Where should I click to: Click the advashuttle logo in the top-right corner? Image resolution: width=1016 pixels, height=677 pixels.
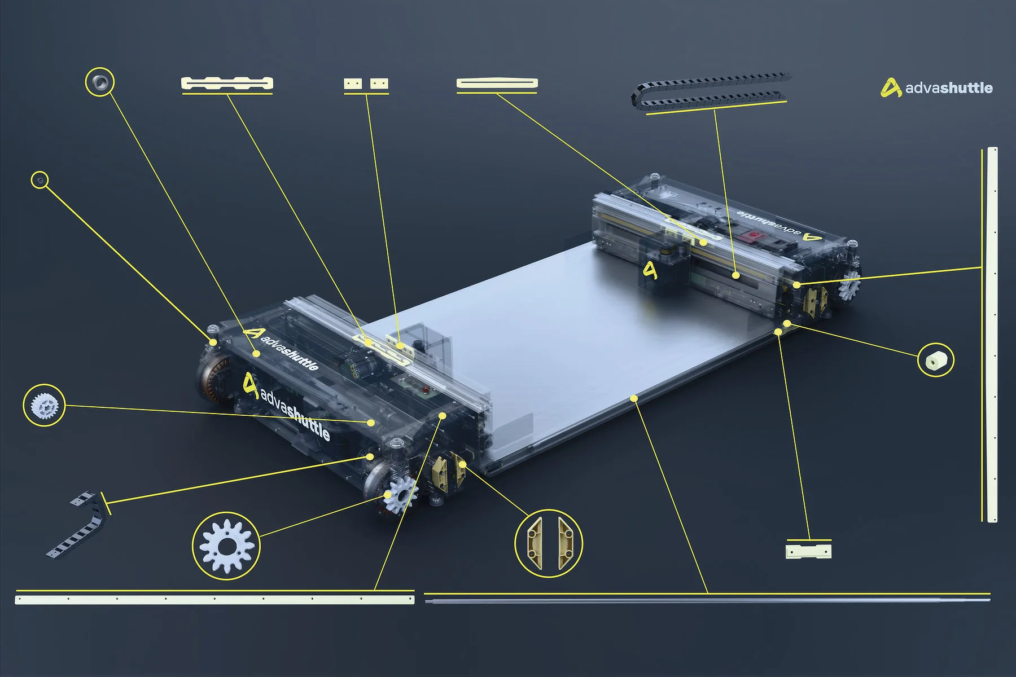(936, 87)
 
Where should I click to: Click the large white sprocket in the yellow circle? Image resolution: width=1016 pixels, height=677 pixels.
(227, 546)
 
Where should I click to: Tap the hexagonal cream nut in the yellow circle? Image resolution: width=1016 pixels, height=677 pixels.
(935, 359)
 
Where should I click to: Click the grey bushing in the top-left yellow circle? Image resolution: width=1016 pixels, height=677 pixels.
(100, 82)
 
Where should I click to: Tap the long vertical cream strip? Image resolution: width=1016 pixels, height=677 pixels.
(992, 335)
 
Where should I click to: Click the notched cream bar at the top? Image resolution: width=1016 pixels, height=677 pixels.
(227, 83)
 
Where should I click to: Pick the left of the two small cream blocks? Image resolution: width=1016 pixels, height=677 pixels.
(353, 84)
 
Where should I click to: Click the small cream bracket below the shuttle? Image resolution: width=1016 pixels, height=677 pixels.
(808, 551)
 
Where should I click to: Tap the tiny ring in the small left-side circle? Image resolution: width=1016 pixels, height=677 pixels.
(40, 180)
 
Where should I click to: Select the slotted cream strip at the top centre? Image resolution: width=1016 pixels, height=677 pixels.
(497, 83)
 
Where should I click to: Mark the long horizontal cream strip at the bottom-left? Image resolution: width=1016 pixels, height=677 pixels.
(214, 599)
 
